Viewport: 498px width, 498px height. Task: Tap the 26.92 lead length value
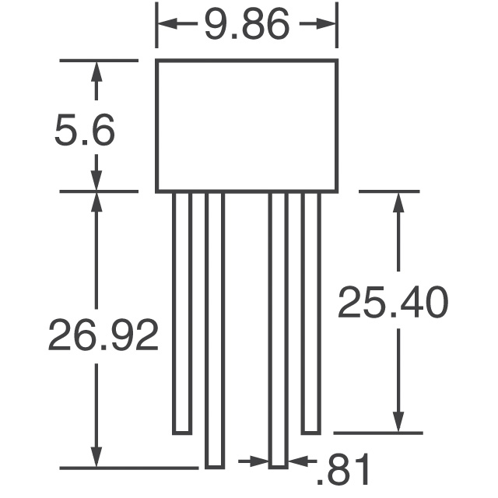[x=103, y=335]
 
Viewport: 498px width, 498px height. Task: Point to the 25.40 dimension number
[x=392, y=303]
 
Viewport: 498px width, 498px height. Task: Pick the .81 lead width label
[x=342, y=471]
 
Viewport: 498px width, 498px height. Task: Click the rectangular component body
[x=247, y=125]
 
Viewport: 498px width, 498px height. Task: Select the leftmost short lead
[x=182, y=311]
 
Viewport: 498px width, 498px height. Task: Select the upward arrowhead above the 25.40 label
[x=399, y=202]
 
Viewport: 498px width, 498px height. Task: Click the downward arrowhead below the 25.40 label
[x=399, y=421]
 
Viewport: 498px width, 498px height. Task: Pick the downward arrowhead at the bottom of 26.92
[x=96, y=457]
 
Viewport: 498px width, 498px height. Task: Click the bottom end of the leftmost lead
[x=182, y=432]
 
